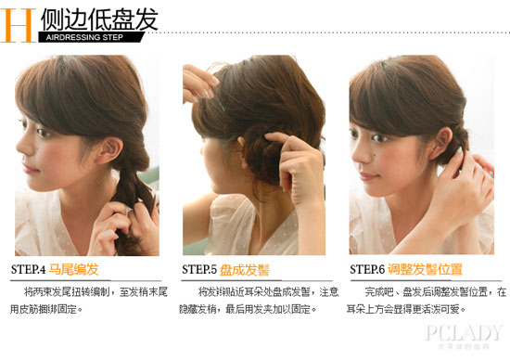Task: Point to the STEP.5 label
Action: (199, 270)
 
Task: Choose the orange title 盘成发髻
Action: (245, 270)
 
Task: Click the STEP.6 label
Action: (367, 270)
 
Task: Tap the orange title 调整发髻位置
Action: (426, 270)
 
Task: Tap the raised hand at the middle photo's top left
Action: (197, 82)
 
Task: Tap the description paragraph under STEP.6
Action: (426, 300)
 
